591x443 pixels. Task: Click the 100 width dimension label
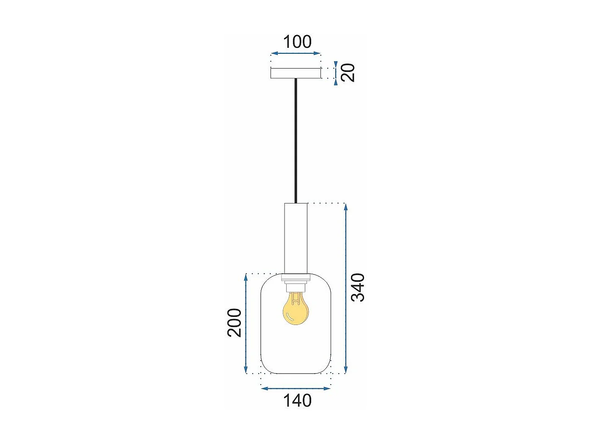coord(297,42)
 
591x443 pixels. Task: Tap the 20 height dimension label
coord(348,72)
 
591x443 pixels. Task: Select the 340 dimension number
coord(358,287)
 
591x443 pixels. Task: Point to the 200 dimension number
coord(235,322)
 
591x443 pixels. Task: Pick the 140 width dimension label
coord(297,401)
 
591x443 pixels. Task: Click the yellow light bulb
coord(295,310)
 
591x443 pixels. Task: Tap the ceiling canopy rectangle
coord(295,73)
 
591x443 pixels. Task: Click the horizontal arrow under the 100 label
coord(295,53)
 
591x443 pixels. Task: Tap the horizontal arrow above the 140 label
coord(295,388)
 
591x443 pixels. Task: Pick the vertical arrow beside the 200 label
coord(246,324)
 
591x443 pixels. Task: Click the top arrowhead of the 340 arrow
coord(346,206)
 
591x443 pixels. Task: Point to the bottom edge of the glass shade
coord(295,374)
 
